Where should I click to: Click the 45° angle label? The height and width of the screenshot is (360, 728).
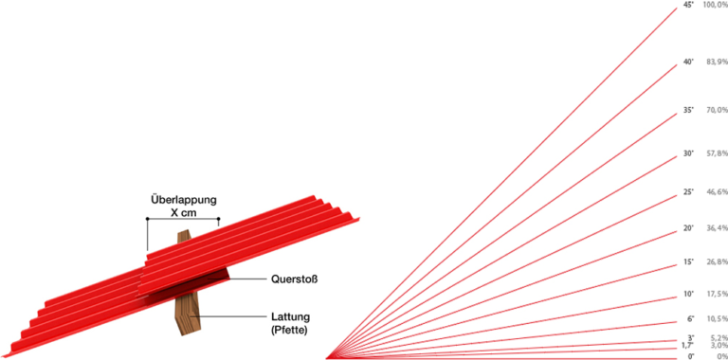(x=688, y=5)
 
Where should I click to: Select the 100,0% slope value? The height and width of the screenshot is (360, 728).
(x=716, y=5)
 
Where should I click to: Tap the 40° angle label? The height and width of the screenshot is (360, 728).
(x=688, y=62)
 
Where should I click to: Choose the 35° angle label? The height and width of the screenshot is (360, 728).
(x=688, y=111)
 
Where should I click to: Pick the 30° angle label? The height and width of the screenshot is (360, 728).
(x=688, y=153)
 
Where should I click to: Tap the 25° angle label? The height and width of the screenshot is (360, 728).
(x=688, y=192)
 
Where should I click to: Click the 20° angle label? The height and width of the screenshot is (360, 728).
(x=688, y=228)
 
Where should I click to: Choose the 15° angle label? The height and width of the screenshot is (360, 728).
(x=688, y=261)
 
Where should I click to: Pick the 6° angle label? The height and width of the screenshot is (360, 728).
(x=690, y=318)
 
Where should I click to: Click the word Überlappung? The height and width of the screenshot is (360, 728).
(x=184, y=201)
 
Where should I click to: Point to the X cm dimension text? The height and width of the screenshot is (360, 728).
(x=184, y=214)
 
